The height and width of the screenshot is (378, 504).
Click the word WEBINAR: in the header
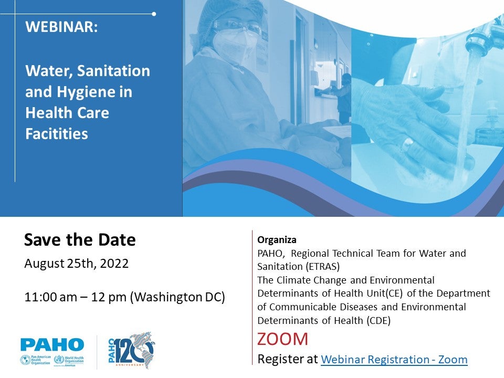[x=61, y=27]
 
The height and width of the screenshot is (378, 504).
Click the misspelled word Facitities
[x=57, y=134]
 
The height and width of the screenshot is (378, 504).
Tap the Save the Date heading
[x=80, y=240]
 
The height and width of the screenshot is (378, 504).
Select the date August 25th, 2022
[x=77, y=264]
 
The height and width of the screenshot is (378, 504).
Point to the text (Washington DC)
[x=177, y=297]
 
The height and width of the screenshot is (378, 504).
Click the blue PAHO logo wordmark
[x=52, y=345]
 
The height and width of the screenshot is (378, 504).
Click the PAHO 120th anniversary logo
[x=132, y=350]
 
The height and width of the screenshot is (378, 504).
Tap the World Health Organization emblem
[x=59, y=359]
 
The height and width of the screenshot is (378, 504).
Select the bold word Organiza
[x=277, y=240]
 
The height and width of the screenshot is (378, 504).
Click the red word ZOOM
[x=282, y=339]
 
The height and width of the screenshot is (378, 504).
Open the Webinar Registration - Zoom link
[x=394, y=359]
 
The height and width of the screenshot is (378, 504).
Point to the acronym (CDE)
[x=379, y=320]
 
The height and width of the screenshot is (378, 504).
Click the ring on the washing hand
[x=407, y=144]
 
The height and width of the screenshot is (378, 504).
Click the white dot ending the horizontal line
[x=154, y=14]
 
